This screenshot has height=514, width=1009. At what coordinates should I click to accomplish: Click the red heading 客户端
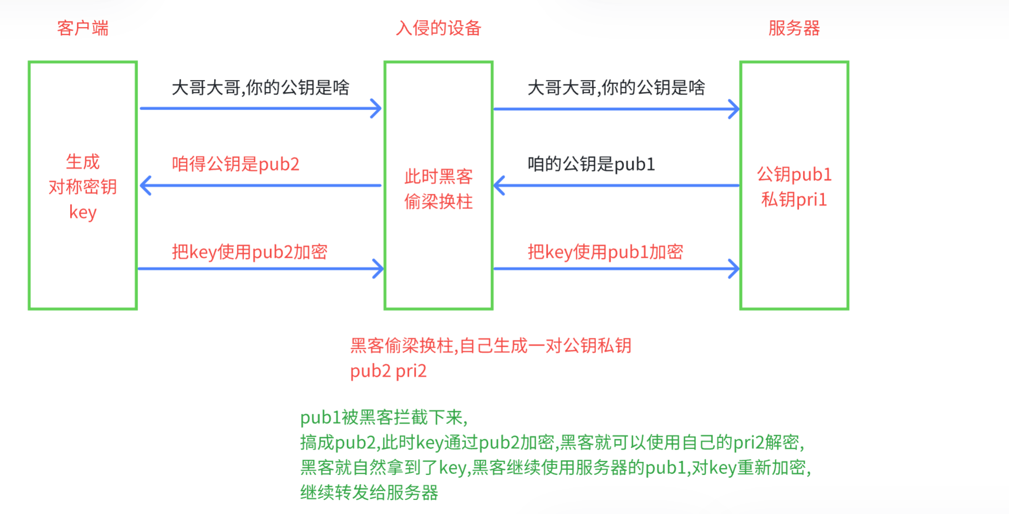[83, 28]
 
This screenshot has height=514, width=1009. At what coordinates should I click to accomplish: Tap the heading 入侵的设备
[439, 28]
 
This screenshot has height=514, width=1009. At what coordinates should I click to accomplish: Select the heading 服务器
[794, 28]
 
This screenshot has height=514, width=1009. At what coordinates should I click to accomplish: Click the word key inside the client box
[83, 212]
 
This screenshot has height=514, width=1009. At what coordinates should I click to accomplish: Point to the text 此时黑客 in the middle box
[439, 177]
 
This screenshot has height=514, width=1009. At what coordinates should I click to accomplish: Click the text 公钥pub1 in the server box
[794, 175]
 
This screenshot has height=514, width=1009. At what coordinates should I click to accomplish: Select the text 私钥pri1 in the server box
[794, 200]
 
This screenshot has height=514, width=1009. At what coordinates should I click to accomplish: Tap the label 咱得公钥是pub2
[235, 164]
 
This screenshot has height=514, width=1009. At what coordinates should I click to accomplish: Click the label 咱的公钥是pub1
[591, 164]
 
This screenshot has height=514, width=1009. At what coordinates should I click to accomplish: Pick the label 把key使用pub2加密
[249, 252]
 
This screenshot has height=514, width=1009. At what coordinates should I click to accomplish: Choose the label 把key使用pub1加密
[605, 252]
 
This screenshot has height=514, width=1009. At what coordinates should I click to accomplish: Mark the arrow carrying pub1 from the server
[616, 186]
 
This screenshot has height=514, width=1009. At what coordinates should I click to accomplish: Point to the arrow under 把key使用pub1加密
[616, 269]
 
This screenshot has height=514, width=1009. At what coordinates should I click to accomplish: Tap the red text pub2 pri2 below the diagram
[388, 371]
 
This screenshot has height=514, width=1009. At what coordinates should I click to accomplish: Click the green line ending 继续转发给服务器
[369, 492]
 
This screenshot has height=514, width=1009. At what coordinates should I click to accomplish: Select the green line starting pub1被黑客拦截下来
[384, 417]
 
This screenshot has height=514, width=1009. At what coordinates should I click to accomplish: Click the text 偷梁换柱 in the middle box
[439, 202]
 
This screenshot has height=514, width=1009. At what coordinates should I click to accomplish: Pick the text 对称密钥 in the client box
[83, 187]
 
